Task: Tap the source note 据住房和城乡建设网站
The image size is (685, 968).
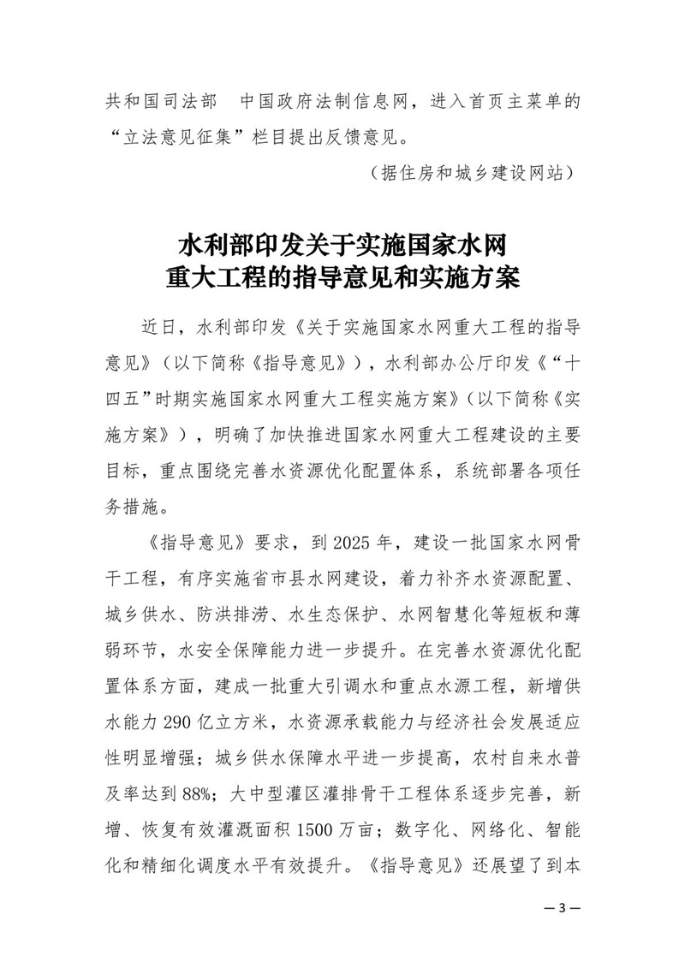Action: pyautogui.click(x=468, y=172)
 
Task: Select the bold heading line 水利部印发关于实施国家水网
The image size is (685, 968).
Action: pyautogui.click(x=342, y=246)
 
